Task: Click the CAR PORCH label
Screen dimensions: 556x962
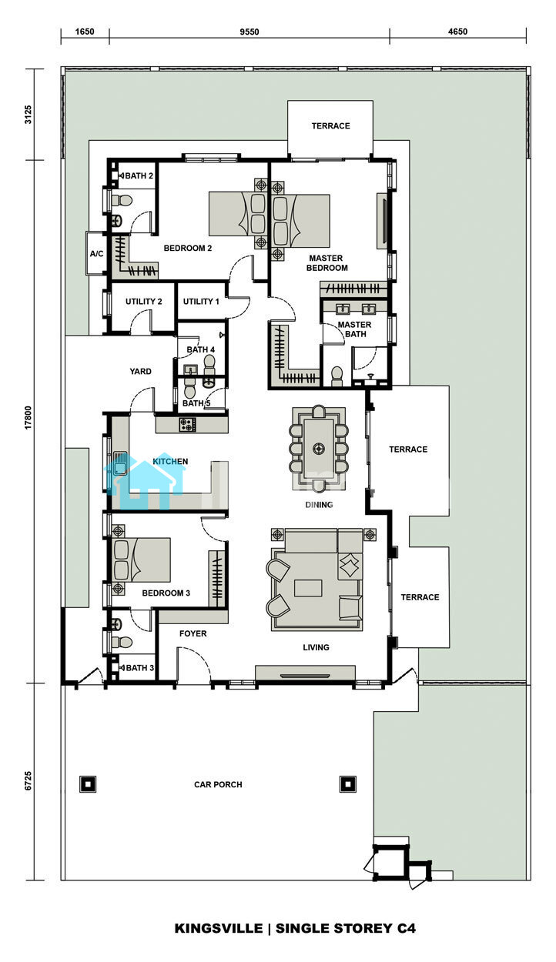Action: pos(218,785)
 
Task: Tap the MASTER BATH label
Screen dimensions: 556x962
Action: pos(354,329)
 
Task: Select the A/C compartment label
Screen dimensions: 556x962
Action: pos(97,254)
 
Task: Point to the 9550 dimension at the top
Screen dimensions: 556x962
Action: pos(250,32)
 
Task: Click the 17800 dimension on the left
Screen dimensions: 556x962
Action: pos(28,417)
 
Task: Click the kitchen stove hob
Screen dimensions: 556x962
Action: pos(187,425)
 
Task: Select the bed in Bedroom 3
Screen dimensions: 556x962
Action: pos(141,560)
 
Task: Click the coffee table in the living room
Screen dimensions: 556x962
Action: pos(308,588)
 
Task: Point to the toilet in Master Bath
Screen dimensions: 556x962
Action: pos(337,376)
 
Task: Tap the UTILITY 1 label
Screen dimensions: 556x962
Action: pos(201,302)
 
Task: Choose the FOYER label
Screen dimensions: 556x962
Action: pos(193,633)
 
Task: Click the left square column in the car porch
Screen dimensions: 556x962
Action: pos(88,784)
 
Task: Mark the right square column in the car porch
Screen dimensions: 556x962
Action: pos(347,784)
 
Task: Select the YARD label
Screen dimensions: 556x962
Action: pos(140,372)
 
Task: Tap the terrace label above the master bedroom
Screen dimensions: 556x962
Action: pos(330,126)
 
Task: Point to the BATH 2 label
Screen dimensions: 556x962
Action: pos(139,175)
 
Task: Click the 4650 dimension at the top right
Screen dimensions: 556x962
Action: pos(457,32)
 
